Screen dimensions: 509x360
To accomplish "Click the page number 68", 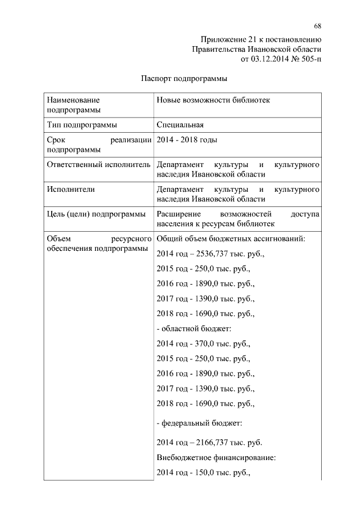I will (318, 26).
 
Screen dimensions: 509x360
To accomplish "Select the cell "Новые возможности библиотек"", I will (213, 100).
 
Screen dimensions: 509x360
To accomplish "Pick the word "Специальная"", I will (179, 124).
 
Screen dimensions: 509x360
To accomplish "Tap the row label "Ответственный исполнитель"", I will (98, 165).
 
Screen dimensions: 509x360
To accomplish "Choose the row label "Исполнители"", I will (71, 190).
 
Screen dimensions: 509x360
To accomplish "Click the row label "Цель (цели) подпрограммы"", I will (96, 214).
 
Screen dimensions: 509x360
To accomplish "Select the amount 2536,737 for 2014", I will (211, 254).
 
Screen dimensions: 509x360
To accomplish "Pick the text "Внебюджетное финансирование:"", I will (215, 458).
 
